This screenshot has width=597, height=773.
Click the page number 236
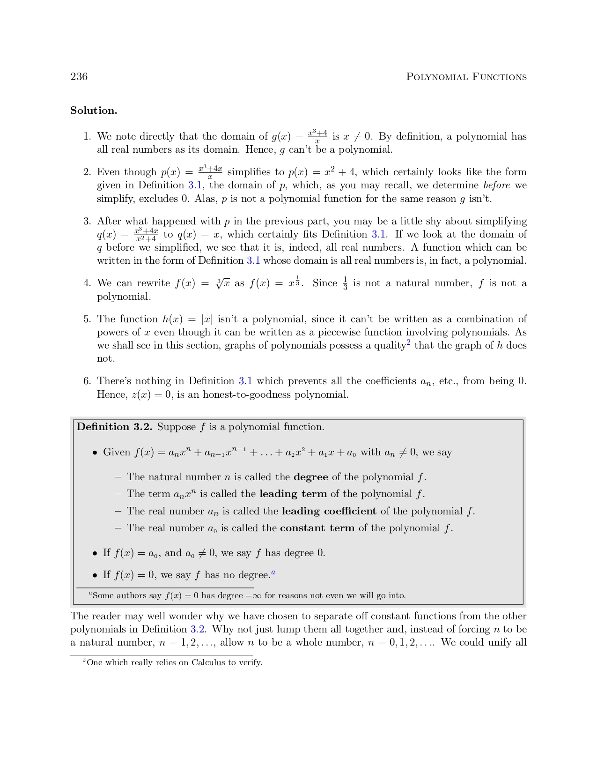click(79, 77)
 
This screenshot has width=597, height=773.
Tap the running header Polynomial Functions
click(466, 77)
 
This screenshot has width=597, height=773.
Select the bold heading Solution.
click(94, 111)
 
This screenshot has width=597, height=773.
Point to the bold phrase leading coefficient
click(329, 511)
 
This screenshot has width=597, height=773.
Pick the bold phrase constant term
click(317, 528)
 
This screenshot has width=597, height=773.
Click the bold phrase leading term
click(293, 494)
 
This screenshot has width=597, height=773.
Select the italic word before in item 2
click(496, 185)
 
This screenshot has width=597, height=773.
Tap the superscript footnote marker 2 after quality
click(408, 343)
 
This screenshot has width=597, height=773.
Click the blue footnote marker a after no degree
click(273, 572)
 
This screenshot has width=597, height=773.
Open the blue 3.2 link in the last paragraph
click(199, 629)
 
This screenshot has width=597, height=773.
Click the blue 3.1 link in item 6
click(245, 381)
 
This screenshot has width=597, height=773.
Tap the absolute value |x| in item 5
click(206, 319)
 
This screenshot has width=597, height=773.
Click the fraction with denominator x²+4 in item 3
click(146, 235)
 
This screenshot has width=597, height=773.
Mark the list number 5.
click(87, 319)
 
